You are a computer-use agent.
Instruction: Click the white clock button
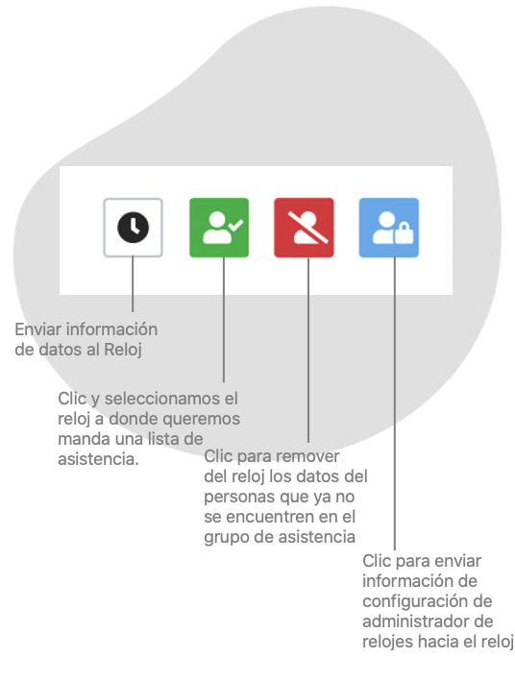coord(134,228)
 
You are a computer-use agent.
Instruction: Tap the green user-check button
coord(219,228)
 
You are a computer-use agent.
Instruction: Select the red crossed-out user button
coord(304,228)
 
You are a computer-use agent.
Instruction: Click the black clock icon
coord(134,228)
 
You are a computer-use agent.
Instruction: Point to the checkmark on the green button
coord(235,225)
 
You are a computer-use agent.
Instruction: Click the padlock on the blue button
coord(405,233)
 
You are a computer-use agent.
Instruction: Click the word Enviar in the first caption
coord(37,329)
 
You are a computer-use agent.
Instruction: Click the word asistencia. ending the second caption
coord(98,459)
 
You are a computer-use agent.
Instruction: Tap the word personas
coord(239,498)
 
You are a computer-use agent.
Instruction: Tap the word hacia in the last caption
coord(436,642)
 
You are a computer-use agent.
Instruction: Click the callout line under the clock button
coord(133,283)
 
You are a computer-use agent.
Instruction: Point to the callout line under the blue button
coord(395,403)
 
